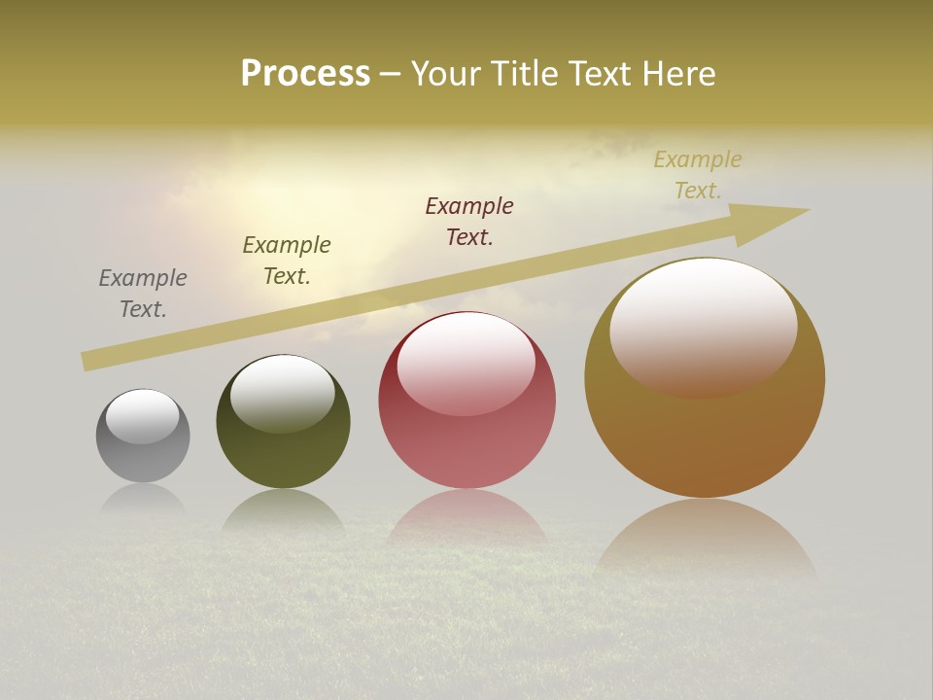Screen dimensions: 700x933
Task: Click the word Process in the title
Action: [305, 73]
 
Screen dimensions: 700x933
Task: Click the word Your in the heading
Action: [445, 73]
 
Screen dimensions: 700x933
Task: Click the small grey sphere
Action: [143, 457]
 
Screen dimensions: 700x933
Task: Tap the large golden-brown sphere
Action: [705, 437]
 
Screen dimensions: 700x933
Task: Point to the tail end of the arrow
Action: [86, 362]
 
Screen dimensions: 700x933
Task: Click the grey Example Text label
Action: [143, 294]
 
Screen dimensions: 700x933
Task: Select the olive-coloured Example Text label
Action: [287, 261]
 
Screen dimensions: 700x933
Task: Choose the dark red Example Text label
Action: [469, 222]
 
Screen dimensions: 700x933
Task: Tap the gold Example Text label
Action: [698, 175]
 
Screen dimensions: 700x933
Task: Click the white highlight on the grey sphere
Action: [143, 416]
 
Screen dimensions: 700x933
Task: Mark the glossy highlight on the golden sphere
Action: [704, 326]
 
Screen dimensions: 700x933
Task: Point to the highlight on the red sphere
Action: [466, 364]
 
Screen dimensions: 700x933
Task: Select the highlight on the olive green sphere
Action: [283, 392]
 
